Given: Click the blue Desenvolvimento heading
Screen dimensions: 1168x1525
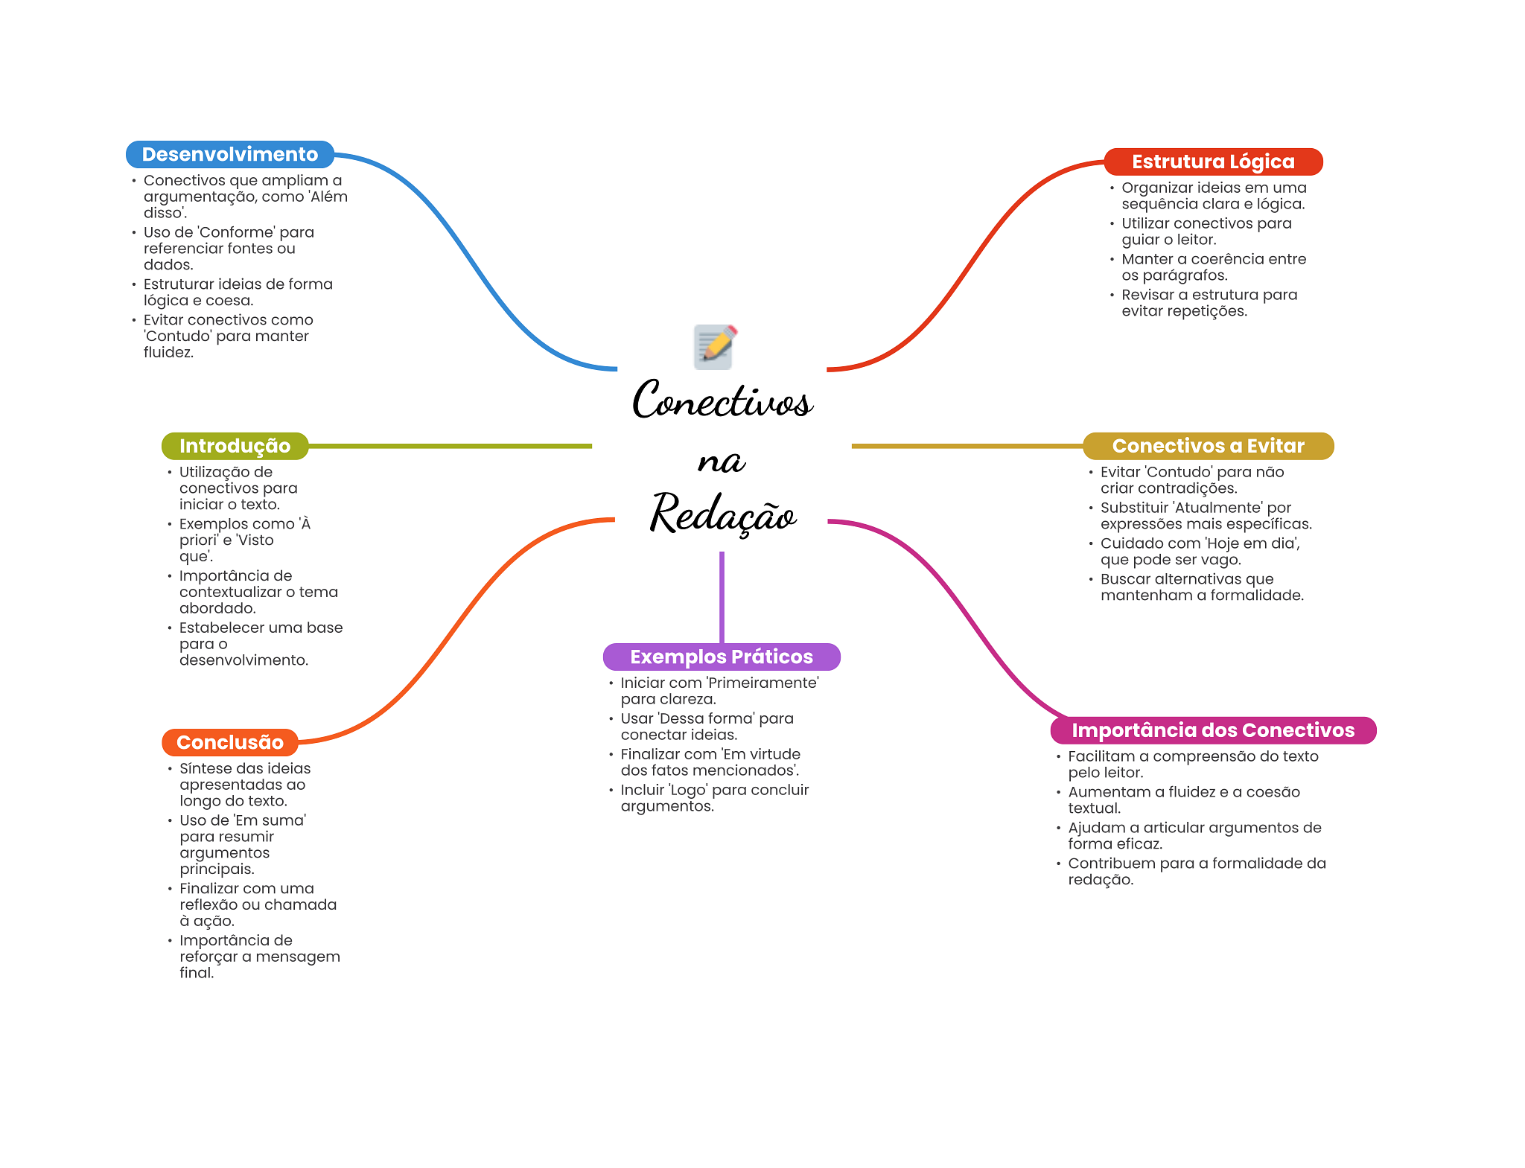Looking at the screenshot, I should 229,154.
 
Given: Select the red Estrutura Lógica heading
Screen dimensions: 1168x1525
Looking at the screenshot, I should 1212,162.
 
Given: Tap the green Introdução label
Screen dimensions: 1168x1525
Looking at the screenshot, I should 235,446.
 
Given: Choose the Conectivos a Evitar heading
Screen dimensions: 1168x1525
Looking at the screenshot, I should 1208,446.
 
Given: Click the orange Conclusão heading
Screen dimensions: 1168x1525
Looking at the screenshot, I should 229,742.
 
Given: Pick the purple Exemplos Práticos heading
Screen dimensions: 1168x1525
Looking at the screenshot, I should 721,657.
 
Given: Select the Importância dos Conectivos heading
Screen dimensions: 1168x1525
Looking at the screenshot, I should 1212,730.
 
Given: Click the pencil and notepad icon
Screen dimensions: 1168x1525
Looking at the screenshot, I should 715,347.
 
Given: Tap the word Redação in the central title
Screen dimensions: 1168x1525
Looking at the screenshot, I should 722,514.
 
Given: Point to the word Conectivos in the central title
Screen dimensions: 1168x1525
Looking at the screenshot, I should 722,400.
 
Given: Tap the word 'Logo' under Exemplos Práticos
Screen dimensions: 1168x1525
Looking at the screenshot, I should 689,790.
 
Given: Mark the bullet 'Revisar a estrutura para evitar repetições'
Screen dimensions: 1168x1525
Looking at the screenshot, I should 1209,303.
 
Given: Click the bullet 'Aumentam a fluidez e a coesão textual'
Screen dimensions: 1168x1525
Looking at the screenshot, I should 1183,800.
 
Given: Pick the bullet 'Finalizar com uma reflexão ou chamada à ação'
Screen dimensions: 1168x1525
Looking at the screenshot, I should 257,904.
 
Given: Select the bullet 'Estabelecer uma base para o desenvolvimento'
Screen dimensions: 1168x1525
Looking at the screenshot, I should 260,644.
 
